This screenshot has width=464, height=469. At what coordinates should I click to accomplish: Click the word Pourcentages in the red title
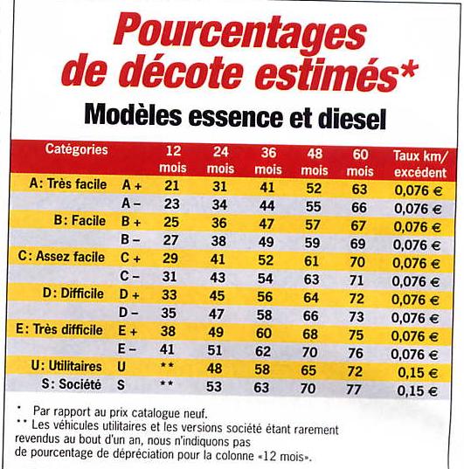pos(240,35)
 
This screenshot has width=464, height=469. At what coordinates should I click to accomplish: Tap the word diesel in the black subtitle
pos(352,119)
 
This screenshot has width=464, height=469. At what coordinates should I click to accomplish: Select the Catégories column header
pos(76,149)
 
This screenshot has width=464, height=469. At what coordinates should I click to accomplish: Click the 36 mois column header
pos(268,162)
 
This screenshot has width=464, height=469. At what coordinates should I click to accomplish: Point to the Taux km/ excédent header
pos(420,164)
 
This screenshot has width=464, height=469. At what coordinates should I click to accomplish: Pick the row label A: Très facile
pos(68,184)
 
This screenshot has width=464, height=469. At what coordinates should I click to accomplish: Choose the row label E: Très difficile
pos(59,329)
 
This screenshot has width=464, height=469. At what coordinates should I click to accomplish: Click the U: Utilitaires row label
pos(66,366)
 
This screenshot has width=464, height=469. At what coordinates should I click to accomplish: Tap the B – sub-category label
pos(130,239)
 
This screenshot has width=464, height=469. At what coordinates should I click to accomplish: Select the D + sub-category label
pos(129,294)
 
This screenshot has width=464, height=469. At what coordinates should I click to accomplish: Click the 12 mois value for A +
pos(172,186)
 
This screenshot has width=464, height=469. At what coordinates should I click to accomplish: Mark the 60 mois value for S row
pos(354,390)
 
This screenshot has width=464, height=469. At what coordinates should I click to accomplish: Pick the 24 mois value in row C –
pos(218,278)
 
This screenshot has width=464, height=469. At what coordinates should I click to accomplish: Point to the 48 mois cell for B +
pos(313,224)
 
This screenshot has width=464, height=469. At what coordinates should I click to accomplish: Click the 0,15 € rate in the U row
pos(418,373)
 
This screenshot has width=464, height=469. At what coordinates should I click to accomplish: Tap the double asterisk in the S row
pos(167,383)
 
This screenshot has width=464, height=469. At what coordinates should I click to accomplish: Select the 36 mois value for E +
pos(264,333)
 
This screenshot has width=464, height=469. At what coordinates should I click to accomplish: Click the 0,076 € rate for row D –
pos(414,318)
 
